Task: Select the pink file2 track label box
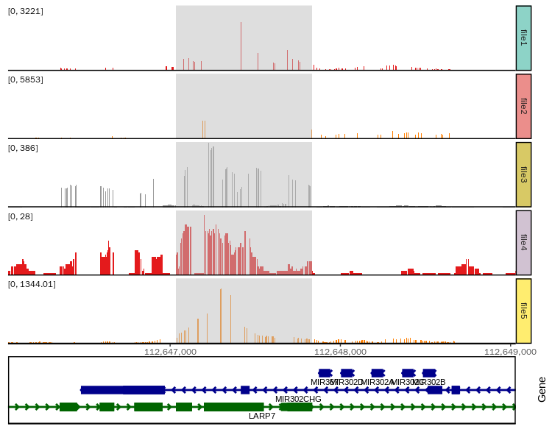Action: [x=523, y=106]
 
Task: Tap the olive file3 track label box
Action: [x=523, y=174]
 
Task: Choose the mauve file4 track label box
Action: [x=523, y=243]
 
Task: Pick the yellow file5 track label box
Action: [x=523, y=311]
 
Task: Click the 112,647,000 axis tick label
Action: [x=170, y=352]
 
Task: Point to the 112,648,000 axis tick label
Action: [x=340, y=352]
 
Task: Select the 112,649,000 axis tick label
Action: [x=509, y=352]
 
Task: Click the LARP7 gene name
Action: [x=262, y=416]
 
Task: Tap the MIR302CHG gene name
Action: [x=298, y=399]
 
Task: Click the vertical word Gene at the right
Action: [x=542, y=389]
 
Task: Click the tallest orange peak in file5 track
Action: [x=220, y=315]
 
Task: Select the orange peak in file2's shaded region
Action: [x=204, y=130]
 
